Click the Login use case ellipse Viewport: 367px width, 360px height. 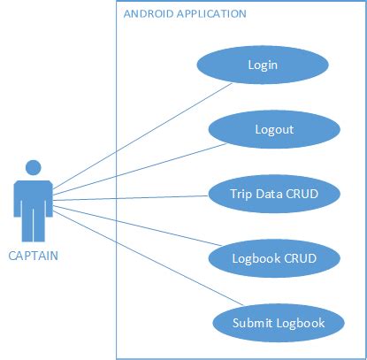click(263, 65)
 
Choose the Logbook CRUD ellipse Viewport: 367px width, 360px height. click(273, 257)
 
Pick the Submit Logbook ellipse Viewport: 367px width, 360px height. click(279, 322)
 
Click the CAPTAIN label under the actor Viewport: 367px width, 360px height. click(34, 257)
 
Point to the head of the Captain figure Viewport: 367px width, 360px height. click(34, 168)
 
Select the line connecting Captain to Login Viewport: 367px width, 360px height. click(141, 139)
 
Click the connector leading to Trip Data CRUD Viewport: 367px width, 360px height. click(133, 198)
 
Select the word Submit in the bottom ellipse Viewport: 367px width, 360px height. click(253, 322)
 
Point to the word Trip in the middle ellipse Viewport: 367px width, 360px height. click(241, 193)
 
